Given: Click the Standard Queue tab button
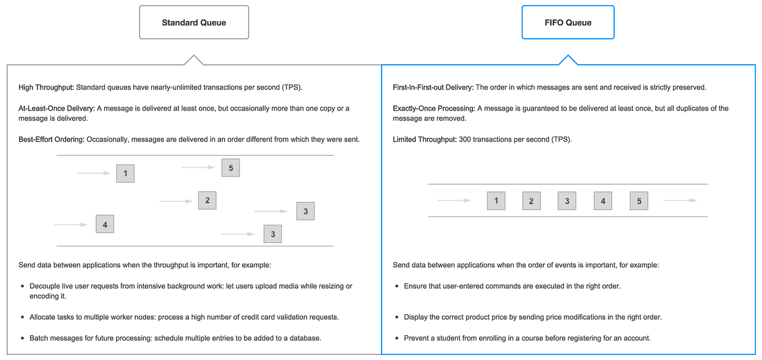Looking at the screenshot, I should pyautogui.click(x=194, y=23).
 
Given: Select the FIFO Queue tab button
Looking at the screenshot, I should pyautogui.click(x=568, y=23).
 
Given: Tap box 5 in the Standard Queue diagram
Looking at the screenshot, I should pyautogui.click(x=231, y=168).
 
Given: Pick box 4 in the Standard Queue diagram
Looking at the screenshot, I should pyautogui.click(x=105, y=225).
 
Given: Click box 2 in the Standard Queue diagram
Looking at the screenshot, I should pyautogui.click(x=207, y=201).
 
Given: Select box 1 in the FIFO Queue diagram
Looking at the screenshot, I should pyautogui.click(x=495, y=201).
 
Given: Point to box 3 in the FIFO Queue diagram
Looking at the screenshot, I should pyautogui.click(x=566, y=201).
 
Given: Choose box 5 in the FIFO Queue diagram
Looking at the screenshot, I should pyautogui.click(x=639, y=201).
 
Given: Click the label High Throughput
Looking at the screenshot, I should pyautogui.click(x=46, y=87).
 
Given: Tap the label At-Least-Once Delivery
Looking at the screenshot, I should pyautogui.click(x=56, y=109).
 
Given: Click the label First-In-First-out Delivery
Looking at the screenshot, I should pyautogui.click(x=432, y=87).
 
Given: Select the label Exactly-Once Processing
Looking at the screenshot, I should pyautogui.click(x=434, y=109).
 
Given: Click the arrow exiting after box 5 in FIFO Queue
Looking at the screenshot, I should pyautogui.click(x=679, y=201).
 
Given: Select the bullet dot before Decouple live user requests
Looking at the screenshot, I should pyautogui.click(x=23, y=286).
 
